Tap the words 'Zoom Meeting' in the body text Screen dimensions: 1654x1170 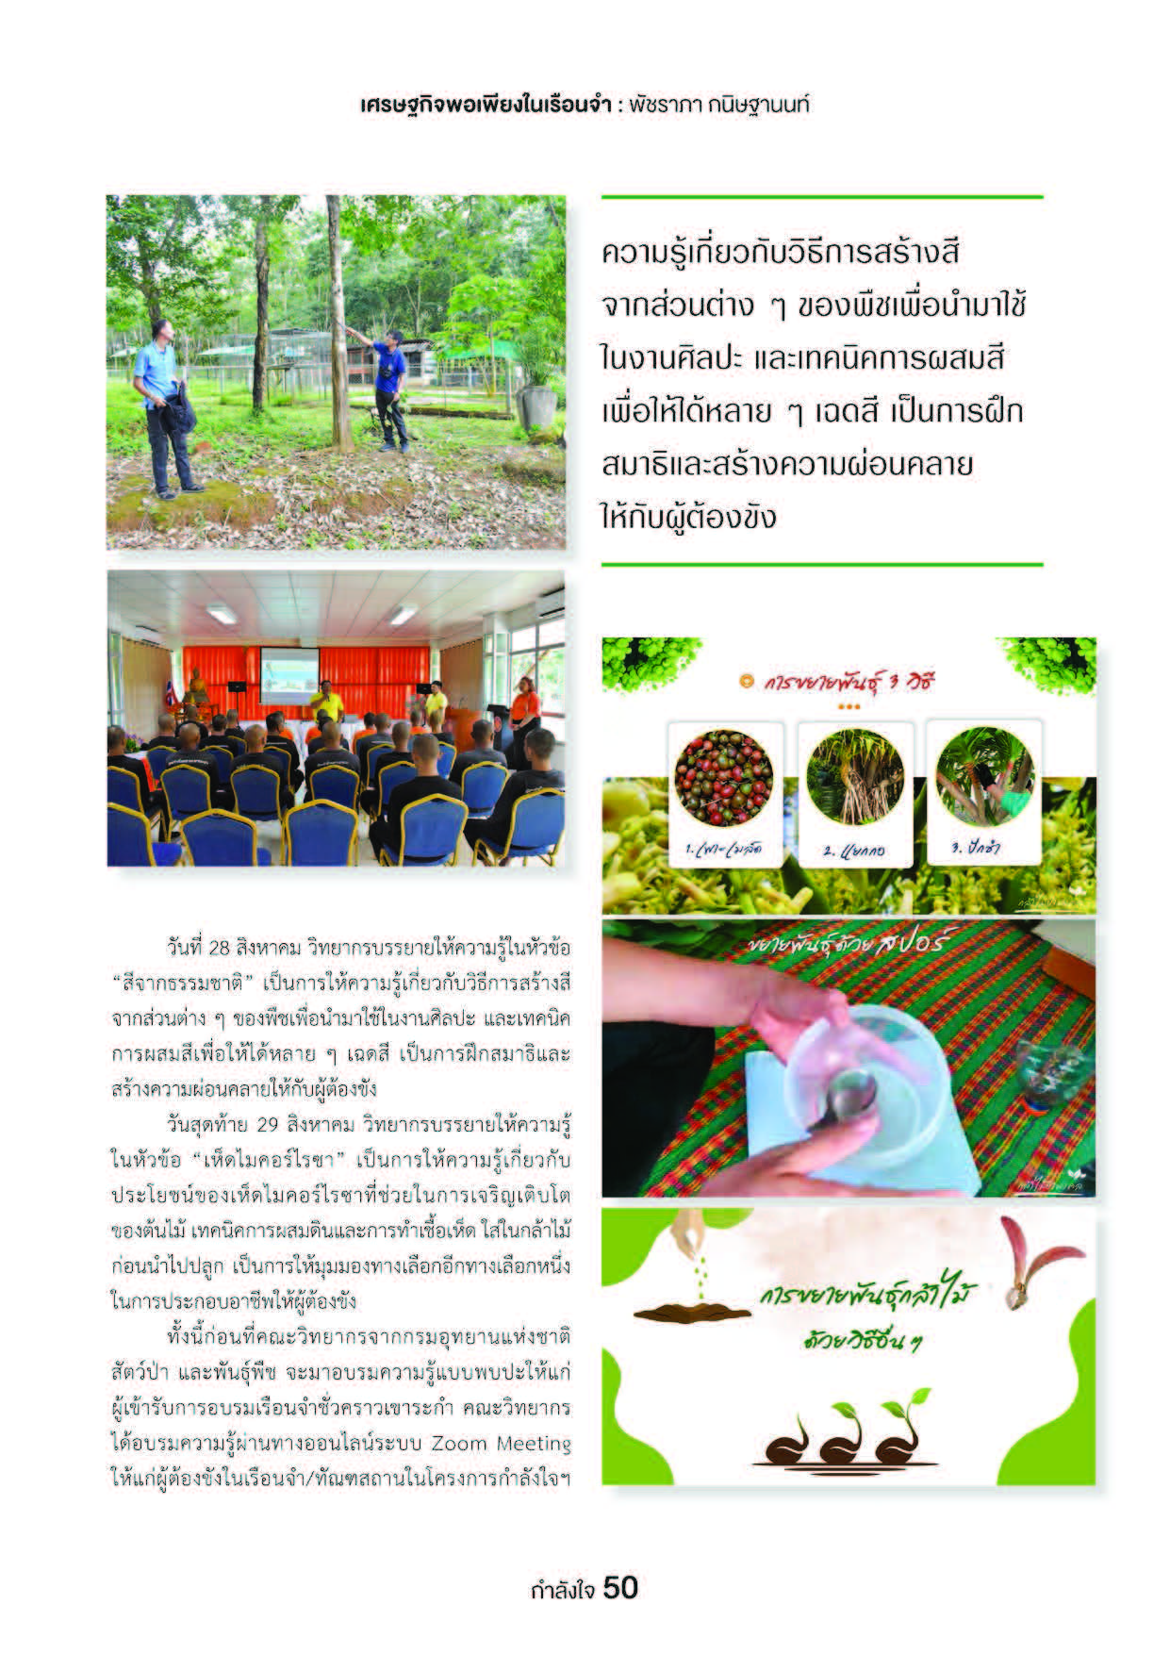(x=501, y=1444)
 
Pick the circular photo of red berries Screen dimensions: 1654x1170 (x=724, y=779)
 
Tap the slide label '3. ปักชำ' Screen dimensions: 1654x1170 (x=977, y=846)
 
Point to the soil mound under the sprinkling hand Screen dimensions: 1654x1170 (x=678, y=1312)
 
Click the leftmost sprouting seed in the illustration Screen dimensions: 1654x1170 (x=788, y=1442)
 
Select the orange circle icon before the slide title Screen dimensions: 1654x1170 (x=748, y=679)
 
